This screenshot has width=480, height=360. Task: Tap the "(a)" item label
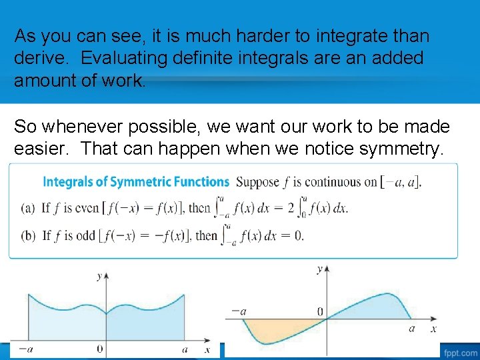(28, 208)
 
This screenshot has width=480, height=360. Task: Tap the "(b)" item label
(28, 235)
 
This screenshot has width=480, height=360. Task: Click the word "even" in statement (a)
(86, 208)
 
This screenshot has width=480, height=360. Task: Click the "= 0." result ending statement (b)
(292, 235)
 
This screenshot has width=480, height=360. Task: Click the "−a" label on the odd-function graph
(237, 311)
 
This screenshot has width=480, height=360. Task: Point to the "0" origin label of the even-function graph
(100, 349)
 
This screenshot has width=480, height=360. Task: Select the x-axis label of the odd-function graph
(433, 329)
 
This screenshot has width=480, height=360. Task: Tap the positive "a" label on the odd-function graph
(411, 328)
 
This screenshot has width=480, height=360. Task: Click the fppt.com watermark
(459, 352)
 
